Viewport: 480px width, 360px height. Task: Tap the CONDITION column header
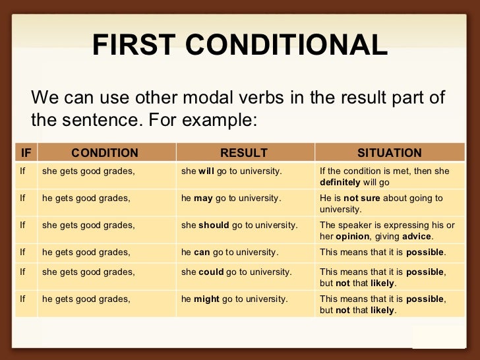click(105, 153)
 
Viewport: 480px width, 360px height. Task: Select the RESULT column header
click(244, 153)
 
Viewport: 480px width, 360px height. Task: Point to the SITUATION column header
click(389, 153)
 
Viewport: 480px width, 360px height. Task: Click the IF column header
click(26, 153)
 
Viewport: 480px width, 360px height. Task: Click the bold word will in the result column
click(206, 171)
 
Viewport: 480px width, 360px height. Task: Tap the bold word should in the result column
click(214, 225)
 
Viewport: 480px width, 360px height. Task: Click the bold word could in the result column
click(211, 272)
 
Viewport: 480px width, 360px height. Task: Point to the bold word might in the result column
click(206, 299)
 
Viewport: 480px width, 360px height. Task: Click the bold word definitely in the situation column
click(340, 182)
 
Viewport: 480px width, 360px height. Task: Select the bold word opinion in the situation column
click(353, 236)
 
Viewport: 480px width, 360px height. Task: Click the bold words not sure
click(361, 198)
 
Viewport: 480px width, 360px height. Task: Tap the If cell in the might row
click(22, 299)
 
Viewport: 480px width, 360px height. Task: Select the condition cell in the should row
click(88, 225)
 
